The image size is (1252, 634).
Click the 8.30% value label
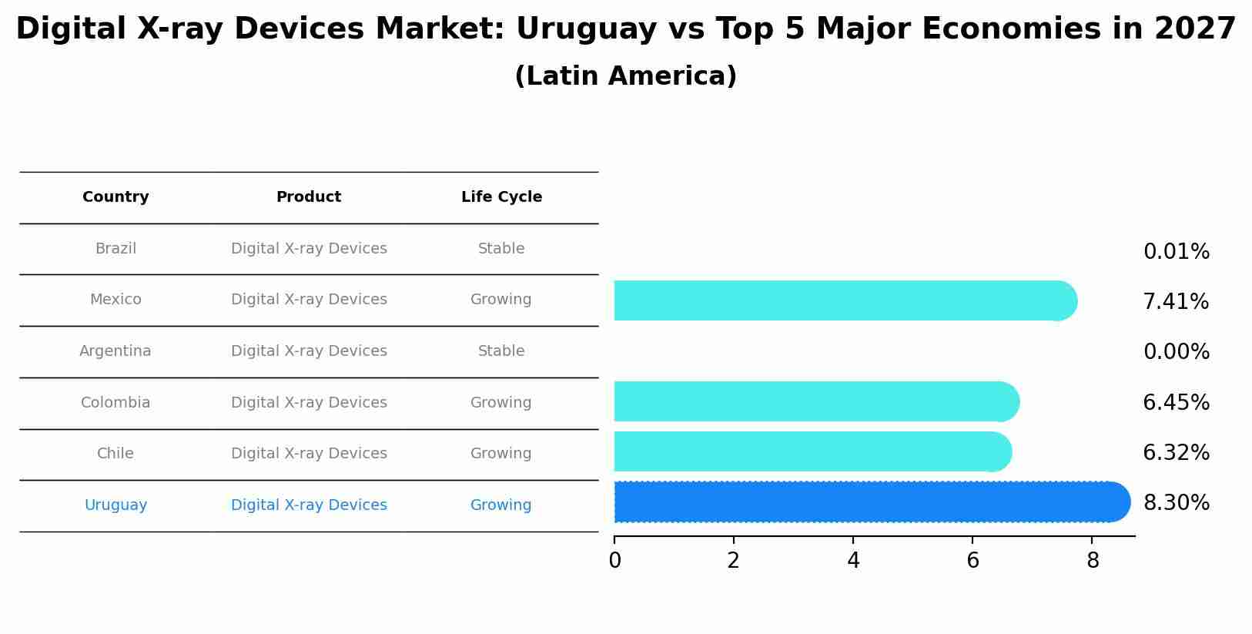click(1176, 503)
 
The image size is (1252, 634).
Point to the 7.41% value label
click(1175, 302)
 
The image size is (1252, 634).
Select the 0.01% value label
click(1176, 252)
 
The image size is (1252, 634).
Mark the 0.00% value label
click(1176, 352)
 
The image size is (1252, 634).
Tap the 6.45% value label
click(1176, 403)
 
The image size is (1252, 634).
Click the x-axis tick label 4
click(853, 561)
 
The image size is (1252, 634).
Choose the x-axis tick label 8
click(1093, 561)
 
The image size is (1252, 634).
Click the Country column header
click(115, 197)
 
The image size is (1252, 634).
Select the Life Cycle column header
click(501, 197)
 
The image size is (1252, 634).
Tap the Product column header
click(309, 197)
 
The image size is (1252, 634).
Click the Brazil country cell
click(115, 249)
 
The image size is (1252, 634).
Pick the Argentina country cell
click(115, 351)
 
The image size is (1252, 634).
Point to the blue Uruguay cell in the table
click(115, 505)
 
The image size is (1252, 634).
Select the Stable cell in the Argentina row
click(501, 351)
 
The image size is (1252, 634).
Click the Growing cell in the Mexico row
click(501, 300)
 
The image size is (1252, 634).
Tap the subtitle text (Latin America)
click(625, 76)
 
